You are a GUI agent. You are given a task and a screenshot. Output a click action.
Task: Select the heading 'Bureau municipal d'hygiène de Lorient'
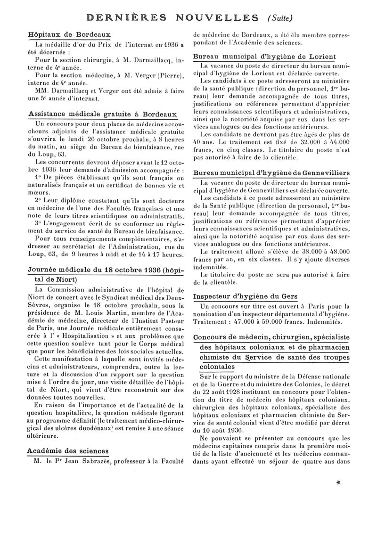coord(265,57)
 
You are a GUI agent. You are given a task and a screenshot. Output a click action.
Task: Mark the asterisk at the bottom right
coord(339,483)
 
